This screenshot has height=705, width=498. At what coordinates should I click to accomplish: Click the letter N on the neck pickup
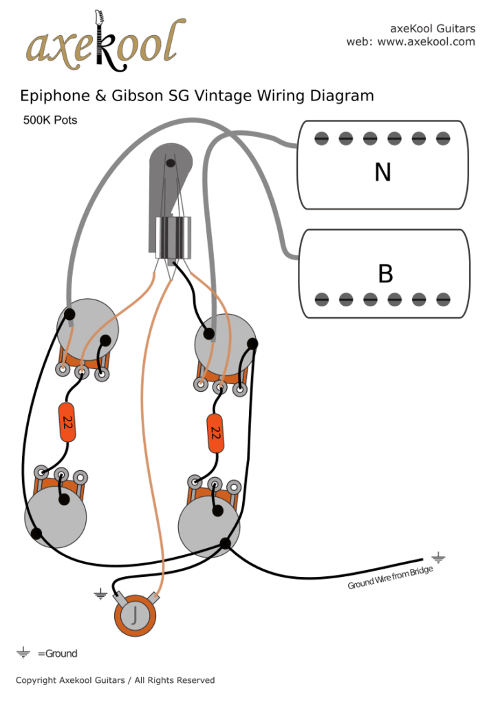[x=382, y=172]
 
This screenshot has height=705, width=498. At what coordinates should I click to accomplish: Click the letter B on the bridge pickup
[x=385, y=273]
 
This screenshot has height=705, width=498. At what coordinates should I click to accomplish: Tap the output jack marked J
[x=136, y=613]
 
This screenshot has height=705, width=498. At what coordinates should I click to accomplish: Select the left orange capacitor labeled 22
[x=67, y=423]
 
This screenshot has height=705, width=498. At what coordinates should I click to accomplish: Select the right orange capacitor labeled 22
[x=215, y=432]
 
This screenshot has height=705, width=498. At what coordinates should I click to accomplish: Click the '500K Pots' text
[x=50, y=120]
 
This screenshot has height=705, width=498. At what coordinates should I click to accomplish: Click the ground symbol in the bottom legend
[x=23, y=653]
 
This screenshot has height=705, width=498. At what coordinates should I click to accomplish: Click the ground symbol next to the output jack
[x=101, y=593]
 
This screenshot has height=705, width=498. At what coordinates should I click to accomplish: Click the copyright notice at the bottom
[x=115, y=680]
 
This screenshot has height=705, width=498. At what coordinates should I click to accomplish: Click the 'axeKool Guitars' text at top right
[x=432, y=28]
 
